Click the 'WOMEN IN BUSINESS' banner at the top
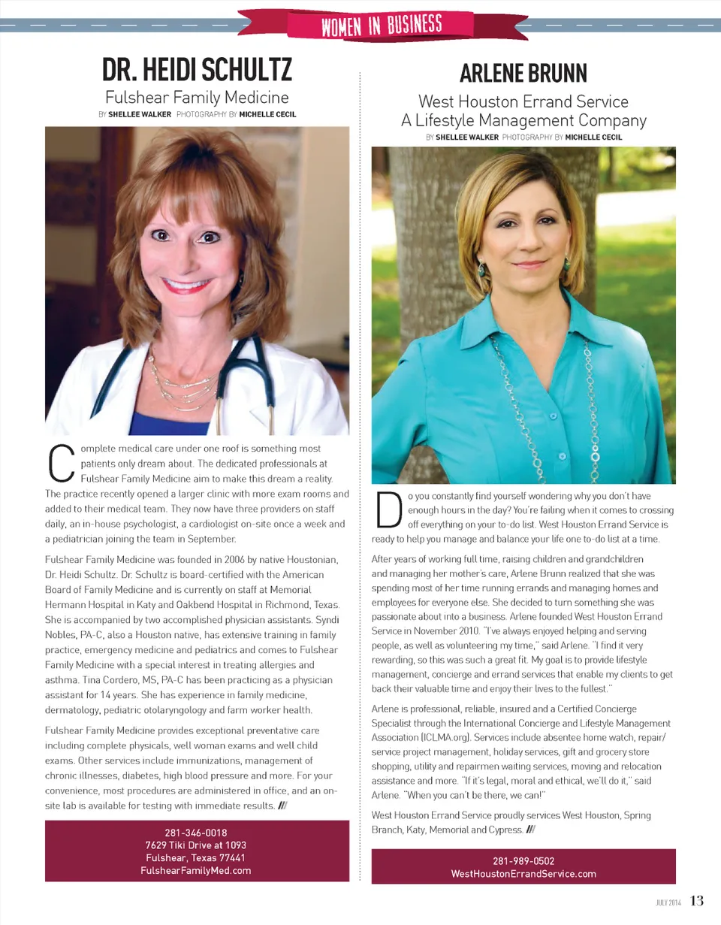pos(382,26)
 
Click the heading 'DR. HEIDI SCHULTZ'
pos(197,71)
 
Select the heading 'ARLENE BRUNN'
pos(523,73)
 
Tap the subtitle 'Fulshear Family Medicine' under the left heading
pos(197,97)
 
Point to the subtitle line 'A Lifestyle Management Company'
pos(523,120)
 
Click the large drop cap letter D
pos(385,510)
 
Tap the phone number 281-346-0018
pos(197,833)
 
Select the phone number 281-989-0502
pos(523,861)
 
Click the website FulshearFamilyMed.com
pos(197,869)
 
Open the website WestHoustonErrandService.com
pos(523,874)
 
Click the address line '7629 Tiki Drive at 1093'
pos(197,845)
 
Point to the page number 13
pos(697,901)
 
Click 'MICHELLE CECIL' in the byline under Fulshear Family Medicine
pos(267,115)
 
